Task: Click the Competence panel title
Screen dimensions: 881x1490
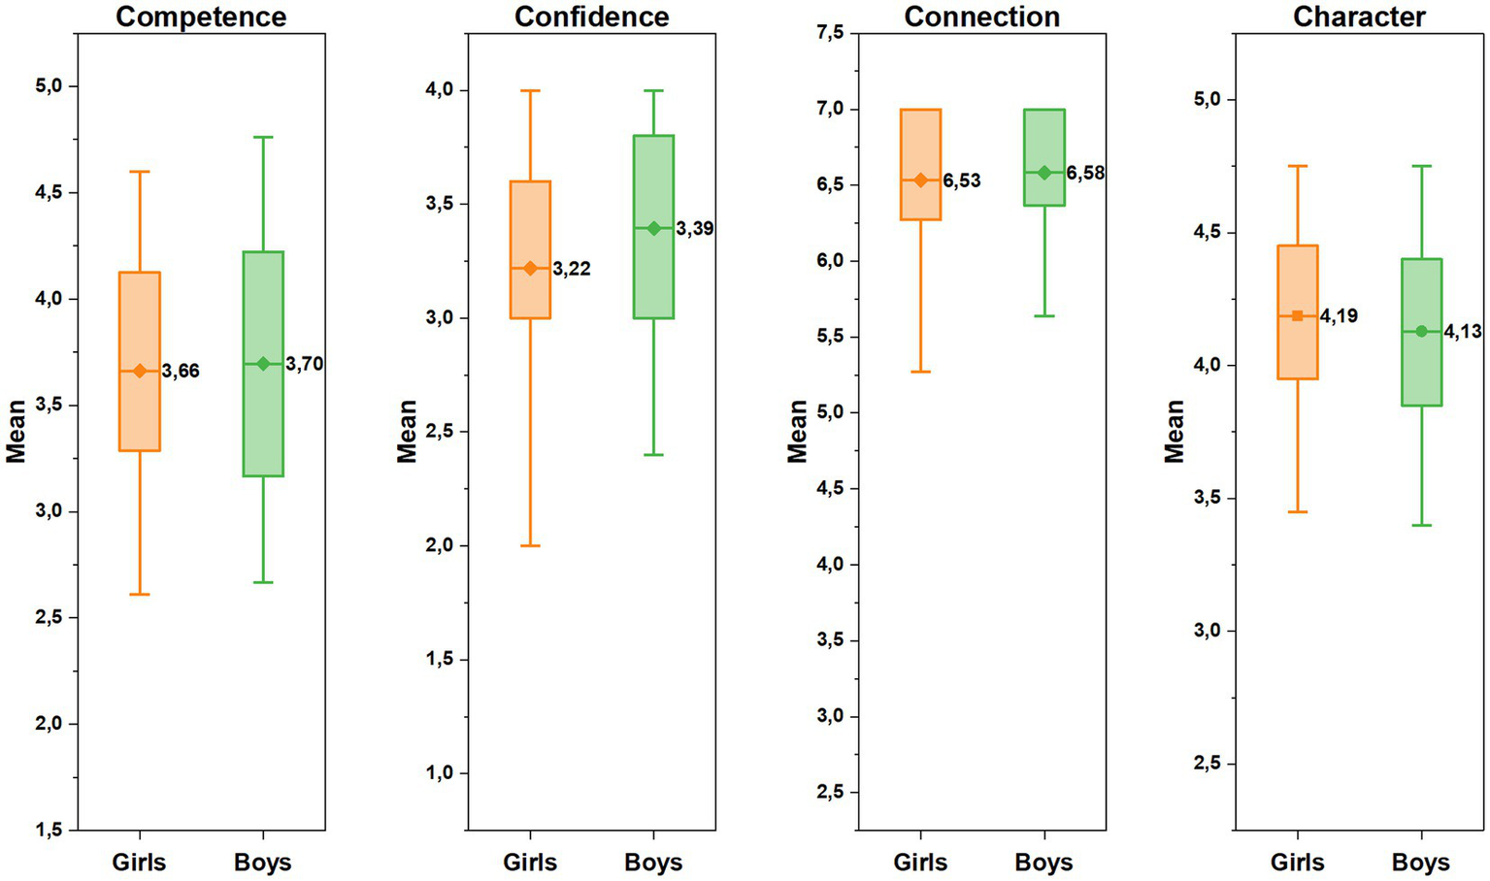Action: coord(201,16)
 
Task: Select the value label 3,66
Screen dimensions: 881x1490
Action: coord(181,371)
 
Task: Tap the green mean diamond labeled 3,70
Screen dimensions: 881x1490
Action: coord(263,364)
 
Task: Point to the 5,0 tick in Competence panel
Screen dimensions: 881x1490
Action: coord(49,86)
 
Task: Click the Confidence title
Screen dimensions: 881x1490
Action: coord(591,16)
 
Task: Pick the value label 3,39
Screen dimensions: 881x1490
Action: coord(695,229)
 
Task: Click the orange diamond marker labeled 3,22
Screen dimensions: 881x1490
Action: coord(530,268)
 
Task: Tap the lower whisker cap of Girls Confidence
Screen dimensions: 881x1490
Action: coord(530,545)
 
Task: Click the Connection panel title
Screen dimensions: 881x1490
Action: coord(981,16)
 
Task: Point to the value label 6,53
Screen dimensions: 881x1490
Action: coord(961,180)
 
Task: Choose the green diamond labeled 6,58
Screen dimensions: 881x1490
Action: coord(1044,173)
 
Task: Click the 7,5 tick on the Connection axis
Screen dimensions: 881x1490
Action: coord(830,34)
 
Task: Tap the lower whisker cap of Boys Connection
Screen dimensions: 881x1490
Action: coord(1044,316)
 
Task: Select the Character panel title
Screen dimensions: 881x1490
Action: coord(1359,16)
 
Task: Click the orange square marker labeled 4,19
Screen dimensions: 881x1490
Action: coord(1298,315)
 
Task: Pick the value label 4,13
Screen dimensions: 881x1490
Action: coord(1463,332)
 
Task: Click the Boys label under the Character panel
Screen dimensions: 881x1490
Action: coord(1420,862)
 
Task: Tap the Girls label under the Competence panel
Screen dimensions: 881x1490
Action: coord(139,862)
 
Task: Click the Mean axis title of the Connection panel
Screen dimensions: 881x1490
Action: coord(797,432)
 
